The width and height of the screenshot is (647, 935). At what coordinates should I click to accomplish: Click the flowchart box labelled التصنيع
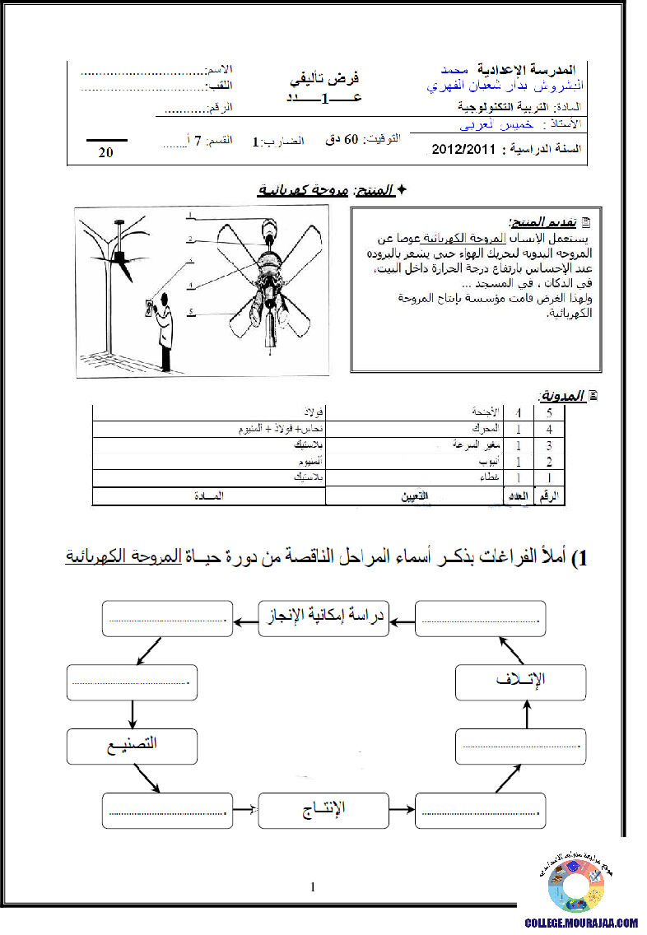click(x=132, y=746)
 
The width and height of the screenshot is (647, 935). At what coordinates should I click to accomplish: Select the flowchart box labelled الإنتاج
click(x=323, y=811)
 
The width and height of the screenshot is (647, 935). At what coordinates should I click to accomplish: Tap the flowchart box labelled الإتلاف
click(x=521, y=682)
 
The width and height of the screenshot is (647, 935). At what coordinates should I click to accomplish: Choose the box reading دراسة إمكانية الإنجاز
click(x=324, y=619)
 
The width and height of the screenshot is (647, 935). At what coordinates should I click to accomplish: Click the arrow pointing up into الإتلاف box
click(x=528, y=719)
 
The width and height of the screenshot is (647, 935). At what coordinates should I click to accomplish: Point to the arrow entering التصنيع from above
click(x=132, y=711)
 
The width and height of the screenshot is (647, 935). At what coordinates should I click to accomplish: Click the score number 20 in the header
click(x=106, y=152)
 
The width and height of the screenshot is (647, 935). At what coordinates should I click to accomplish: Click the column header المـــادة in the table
click(x=208, y=496)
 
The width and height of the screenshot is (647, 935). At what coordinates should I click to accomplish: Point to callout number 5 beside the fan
click(x=189, y=312)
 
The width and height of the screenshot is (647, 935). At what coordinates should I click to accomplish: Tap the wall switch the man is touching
click(x=149, y=308)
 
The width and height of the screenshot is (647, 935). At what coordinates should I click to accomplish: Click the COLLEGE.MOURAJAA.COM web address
click(x=581, y=923)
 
